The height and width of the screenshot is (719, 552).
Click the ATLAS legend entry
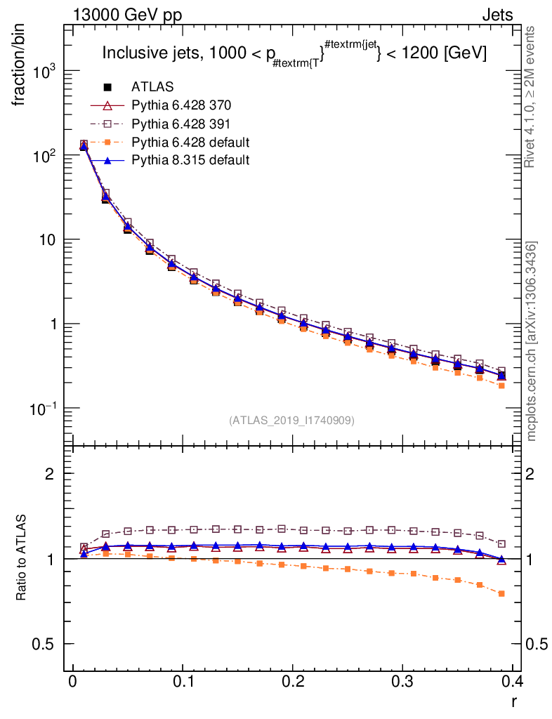pyautogui.click(x=153, y=87)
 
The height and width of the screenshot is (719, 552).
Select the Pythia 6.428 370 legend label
pyautogui.click(x=181, y=105)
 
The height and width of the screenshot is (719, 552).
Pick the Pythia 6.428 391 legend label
pyautogui.click(x=181, y=124)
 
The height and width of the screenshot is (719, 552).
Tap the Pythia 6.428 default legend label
pyautogui.click(x=190, y=143)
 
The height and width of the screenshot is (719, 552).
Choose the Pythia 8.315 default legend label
pyautogui.click(x=190, y=161)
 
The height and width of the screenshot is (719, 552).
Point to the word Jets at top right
pyautogui.click(x=497, y=15)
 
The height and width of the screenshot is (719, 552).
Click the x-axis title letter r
pyautogui.click(x=514, y=700)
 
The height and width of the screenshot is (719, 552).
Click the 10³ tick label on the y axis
pyautogui.click(x=42, y=73)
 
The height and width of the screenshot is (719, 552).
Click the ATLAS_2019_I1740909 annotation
pyautogui.click(x=291, y=421)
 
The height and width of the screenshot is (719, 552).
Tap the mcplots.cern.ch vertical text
pyautogui.click(x=532, y=341)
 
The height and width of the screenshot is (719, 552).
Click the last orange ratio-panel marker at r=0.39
pyautogui.click(x=501, y=593)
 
